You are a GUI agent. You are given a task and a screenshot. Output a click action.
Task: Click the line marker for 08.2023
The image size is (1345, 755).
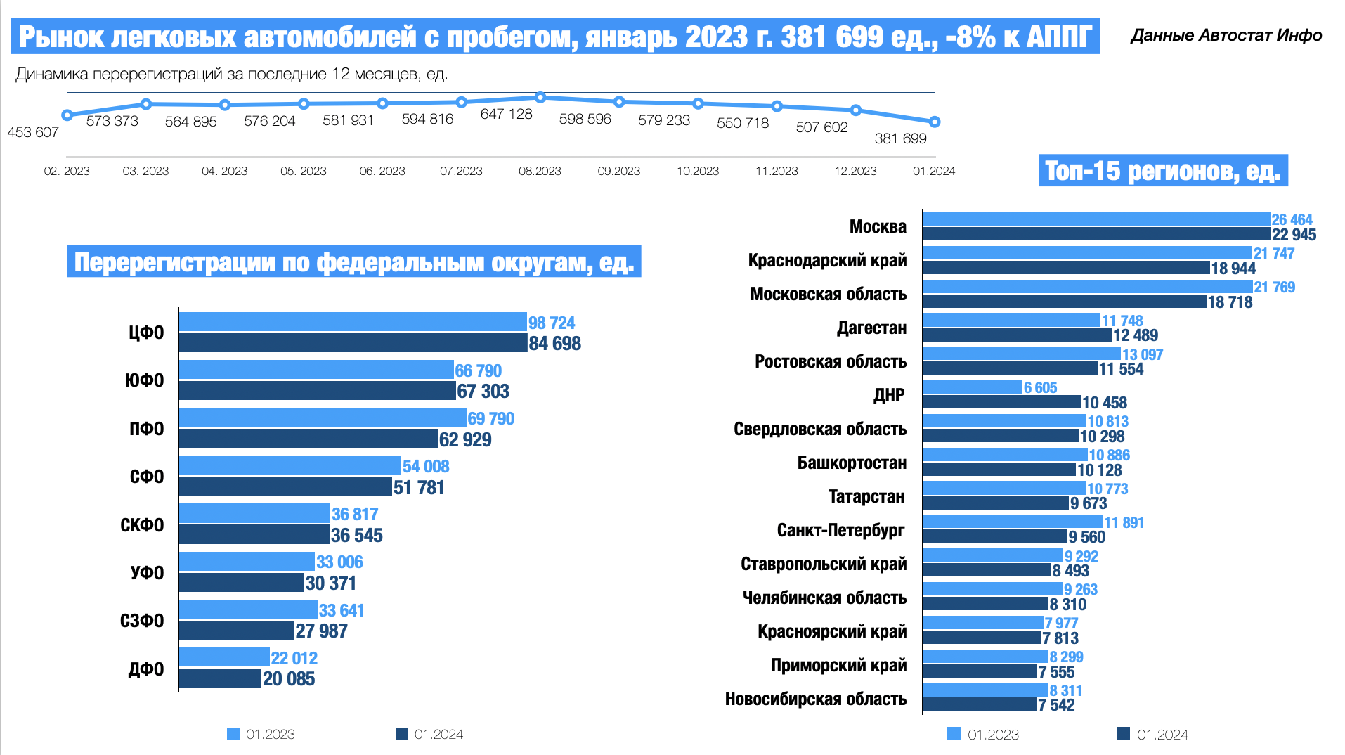pos(540,97)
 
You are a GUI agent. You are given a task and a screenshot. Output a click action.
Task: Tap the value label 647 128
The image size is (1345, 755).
pos(506,114)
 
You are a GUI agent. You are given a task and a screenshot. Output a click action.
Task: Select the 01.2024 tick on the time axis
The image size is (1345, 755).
pos(934,171)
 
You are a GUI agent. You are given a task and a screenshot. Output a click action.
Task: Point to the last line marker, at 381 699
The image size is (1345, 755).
pos(935,122)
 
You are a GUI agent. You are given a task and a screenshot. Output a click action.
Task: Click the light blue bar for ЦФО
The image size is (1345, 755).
pos(353,322)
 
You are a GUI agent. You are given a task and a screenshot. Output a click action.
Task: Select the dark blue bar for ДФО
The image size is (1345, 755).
pos(220,678)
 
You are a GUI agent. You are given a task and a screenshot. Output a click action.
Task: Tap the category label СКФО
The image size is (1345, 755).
pos(142,525)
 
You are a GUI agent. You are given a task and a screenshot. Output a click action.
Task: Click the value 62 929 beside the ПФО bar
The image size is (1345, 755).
pos(465,440)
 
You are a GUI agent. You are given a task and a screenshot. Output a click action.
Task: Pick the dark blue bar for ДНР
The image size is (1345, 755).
pos(1001,402)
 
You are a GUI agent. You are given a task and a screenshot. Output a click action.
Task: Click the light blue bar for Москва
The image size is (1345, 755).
pos(1096,219)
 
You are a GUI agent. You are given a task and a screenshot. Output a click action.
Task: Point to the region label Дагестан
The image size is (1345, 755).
pos(871,328)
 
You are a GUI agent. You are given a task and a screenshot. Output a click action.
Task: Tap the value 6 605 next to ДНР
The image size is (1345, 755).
pos(1040,387)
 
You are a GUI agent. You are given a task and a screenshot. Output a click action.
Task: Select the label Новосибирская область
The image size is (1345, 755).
pos(816,699)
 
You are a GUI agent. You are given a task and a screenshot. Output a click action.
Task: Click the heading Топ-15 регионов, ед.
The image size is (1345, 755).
pos(1163,171)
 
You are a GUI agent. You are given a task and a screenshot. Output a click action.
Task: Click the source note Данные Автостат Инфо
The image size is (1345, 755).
pos(1226,35)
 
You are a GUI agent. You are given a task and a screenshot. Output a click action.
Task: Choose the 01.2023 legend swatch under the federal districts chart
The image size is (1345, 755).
pos(233,734)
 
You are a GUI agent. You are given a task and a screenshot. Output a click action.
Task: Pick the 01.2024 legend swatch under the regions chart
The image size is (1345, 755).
pos(1123,734)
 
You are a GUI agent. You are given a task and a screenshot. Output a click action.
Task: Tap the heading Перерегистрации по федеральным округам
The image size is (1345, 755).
pos(354,262)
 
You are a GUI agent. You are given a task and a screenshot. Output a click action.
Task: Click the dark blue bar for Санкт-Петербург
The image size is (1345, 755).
pos(994,536)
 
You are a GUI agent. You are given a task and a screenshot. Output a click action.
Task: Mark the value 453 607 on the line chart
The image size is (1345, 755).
pos(33,132)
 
